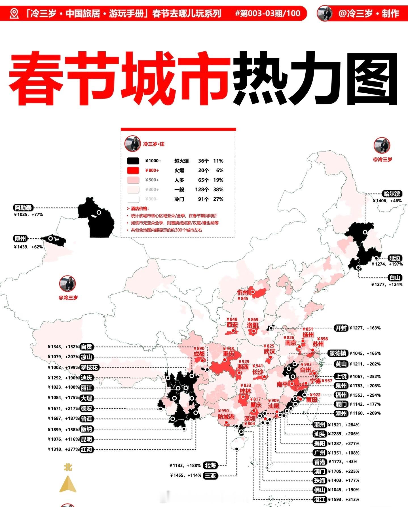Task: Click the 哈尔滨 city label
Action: pyautogui.click(x=392, y=194)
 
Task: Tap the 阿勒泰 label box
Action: pyautogui.click(x=24, y=208)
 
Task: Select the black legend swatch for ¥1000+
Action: pyautogui.click(x=133, y=161)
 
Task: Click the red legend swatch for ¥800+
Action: pyautogui.click(x=133, y=170)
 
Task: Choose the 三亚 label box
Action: pyautogui.click(x=211, y=475)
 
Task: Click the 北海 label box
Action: pyautogui.click(x=211, y=465)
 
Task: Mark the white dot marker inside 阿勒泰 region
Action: pyautogui.click(x=99, y=212)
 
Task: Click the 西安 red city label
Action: pyautogui.click(x=232, y=325)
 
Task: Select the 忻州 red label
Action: pyautogui.click(x=243, y=292)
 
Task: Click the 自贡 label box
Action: pyautogui.click(x=86, y=347)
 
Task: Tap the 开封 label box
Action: pyautogui.click(x=341, y=328)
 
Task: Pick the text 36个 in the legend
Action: pyautogui.click(x=203, y=161)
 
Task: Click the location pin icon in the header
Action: pyautogui.click(x=14, y=13)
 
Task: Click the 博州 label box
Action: pyautogui.click(x=20, y=239)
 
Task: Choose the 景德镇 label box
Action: pyautogui.click(x=337, y=353)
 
